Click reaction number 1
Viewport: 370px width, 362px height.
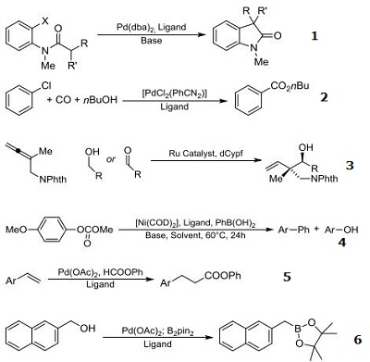341,37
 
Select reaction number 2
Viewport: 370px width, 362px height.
340,95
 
